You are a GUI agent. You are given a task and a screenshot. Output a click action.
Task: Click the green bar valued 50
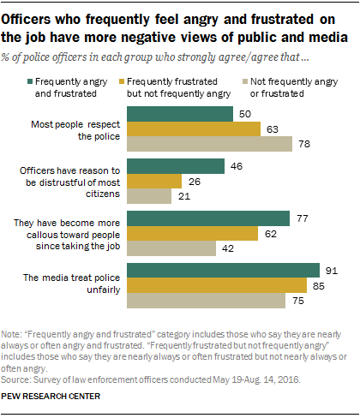click(179, 114)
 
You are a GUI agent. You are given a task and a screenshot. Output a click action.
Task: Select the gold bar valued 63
click(193, 129)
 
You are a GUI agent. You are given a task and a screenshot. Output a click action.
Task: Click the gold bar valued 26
click(154, 181)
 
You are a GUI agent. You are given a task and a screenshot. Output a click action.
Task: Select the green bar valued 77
click(208, 218)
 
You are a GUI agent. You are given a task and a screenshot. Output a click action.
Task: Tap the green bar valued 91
click(223, 270)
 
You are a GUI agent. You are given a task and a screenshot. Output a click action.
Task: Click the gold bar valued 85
click(216, 285)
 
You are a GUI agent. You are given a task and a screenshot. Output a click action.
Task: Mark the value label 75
click(297, 301)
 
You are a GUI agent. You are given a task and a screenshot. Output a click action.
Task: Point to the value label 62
click(270, 233)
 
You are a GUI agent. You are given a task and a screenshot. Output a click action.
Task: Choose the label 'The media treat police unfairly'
click(78, 284)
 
